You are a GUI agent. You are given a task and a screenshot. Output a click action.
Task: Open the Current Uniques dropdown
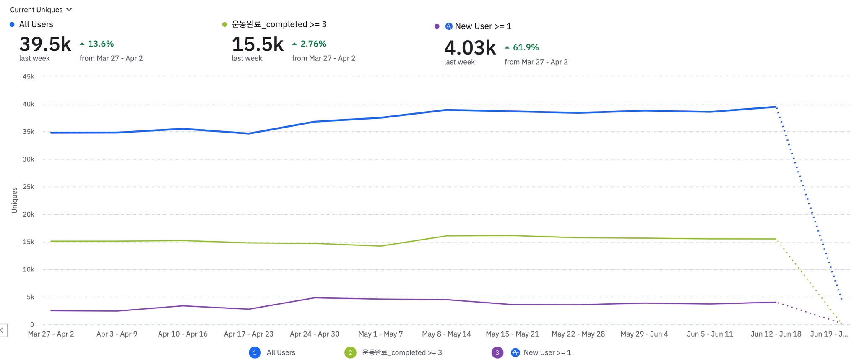pos(41,10)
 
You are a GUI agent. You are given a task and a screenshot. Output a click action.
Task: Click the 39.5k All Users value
pos(45,44)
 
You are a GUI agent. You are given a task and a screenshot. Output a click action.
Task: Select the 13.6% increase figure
pos(101,44)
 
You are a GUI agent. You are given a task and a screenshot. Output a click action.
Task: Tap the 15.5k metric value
pos(258,44)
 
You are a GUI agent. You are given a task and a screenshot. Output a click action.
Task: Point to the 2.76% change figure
pos(313,44)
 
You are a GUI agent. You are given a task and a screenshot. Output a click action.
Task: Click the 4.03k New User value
pos(470,48)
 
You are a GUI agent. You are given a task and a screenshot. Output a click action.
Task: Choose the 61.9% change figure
pos(526,47)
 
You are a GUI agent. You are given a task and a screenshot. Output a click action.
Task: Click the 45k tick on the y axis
pos(29,76)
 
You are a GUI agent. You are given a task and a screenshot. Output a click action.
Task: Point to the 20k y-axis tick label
pos(29,214)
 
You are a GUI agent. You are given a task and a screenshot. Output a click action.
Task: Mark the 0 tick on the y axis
pos(32,325)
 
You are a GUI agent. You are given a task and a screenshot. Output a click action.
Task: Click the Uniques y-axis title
pos(15,200)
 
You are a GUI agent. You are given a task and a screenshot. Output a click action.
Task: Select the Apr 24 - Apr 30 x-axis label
pos(315,334)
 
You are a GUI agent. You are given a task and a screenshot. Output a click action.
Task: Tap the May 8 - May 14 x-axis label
pos(446,334)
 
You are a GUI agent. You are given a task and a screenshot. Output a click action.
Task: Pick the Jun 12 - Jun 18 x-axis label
pos(776,334)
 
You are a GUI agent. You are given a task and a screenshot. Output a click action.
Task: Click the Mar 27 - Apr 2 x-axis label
pos(51,334)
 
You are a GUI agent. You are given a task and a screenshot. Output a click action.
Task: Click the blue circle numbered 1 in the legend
pos(255,353)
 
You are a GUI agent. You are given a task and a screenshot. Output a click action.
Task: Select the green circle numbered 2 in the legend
pos(350,353)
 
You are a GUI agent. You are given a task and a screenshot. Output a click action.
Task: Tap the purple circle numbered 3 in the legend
pos(497,353)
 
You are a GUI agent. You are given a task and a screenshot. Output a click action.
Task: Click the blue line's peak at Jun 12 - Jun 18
pos(776,107)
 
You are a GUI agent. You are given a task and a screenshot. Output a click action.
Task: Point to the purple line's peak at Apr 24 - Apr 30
pos(315,298)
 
